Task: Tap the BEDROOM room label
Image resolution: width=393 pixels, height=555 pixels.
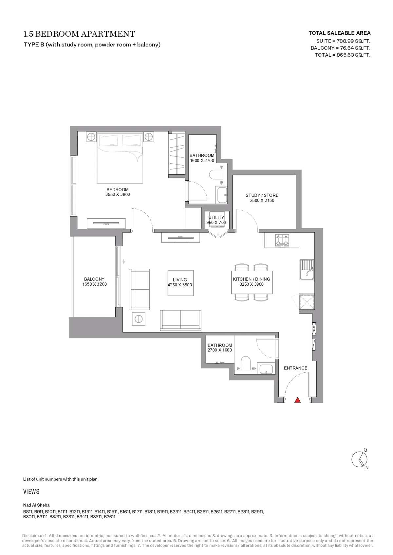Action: (x=118, y=189)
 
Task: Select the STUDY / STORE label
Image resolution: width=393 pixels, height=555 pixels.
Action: (x=262, y=195)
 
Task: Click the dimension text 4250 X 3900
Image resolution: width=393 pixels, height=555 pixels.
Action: (x=180, y=285)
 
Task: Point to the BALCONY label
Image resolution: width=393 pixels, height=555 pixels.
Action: (x=94, y=279)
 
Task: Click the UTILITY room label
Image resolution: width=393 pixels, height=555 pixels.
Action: (x=216, y=217)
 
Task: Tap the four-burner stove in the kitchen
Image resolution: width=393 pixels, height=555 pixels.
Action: (x=282, y=240)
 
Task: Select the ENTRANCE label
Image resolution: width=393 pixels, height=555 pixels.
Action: (x=295, y=368)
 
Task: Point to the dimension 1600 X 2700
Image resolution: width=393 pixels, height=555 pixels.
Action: (x=202, y=160)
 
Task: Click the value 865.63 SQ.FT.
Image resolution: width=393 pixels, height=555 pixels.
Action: (x=353, y=55)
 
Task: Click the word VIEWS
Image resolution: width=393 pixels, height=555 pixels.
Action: (x=31, y=492)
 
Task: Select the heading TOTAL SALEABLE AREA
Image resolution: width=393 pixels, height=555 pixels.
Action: (x=339, y=33)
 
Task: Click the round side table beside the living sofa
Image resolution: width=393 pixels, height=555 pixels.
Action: (x=138, y=319)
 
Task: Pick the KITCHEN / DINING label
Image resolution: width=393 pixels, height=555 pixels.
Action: (x=252, y=279)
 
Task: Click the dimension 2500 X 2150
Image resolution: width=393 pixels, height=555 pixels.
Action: (x=262, y=201)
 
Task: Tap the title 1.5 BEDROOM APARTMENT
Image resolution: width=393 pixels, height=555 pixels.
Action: (x=79, y=34)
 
